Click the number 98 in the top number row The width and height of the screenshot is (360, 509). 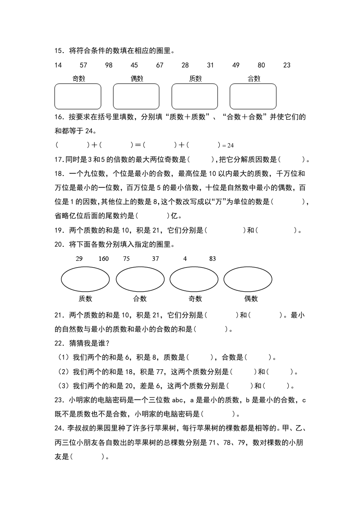pos(108,65)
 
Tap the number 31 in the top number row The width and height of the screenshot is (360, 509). pos(210,65)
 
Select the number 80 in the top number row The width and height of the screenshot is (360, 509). pos(261,65)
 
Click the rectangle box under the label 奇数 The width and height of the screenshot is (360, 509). pos(78,96)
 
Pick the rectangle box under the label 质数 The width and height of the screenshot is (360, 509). pos(194,96)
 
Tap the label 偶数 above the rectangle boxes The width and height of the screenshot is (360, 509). pos(137,78)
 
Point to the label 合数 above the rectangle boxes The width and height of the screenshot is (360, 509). pos(254,78)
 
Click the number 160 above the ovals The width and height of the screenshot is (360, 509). pos(104,259)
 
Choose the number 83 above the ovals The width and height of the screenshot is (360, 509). pos(212,259)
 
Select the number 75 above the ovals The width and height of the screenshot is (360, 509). pos(127,259)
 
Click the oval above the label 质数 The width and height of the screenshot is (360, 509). pos(85,279)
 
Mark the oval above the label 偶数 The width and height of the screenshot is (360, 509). pos(248,279)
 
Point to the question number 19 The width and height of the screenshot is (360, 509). pos(58,230)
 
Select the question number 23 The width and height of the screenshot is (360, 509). pos(58,400)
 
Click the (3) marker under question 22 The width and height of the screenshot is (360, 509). pos(64,386)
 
